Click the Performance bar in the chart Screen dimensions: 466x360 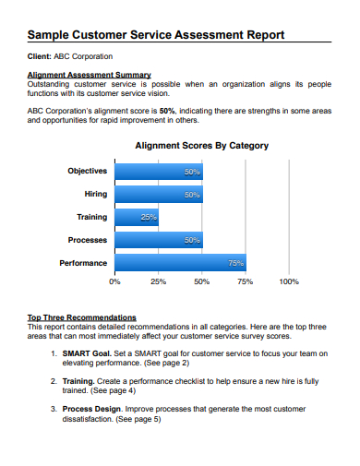(180, 263)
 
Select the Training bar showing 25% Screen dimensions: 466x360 (137, 218)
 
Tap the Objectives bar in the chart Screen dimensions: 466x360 (158, 172)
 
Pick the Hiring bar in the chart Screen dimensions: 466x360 (158, 195)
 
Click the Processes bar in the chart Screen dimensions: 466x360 (158, 240)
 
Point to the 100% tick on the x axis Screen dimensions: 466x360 (288, 281)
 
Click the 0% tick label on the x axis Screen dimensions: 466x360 (114, 281)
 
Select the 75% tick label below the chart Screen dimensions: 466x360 (246, 281)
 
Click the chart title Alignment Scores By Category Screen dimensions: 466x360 (202, 145)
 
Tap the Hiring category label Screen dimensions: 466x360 (95, 195)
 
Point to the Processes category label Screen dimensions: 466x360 (88, 240)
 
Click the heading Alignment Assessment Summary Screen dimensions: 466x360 (90, 75)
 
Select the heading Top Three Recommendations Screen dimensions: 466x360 (82, 317)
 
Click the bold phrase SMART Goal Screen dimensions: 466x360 (88, 352)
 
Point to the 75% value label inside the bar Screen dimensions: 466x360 (236, 263)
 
